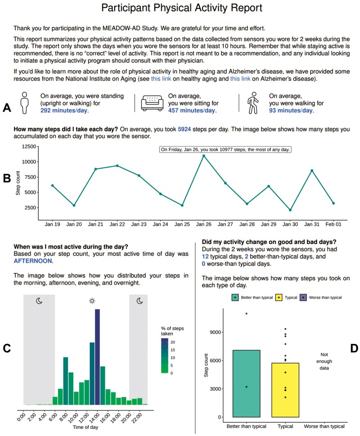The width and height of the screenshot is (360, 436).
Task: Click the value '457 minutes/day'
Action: (192, 110)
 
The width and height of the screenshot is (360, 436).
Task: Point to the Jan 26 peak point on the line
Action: (204, 156)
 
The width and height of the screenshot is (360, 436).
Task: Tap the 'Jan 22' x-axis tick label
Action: (117, 223)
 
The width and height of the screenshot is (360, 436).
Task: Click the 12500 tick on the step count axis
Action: (31, 147)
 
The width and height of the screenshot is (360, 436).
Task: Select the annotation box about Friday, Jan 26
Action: (226, 149)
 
